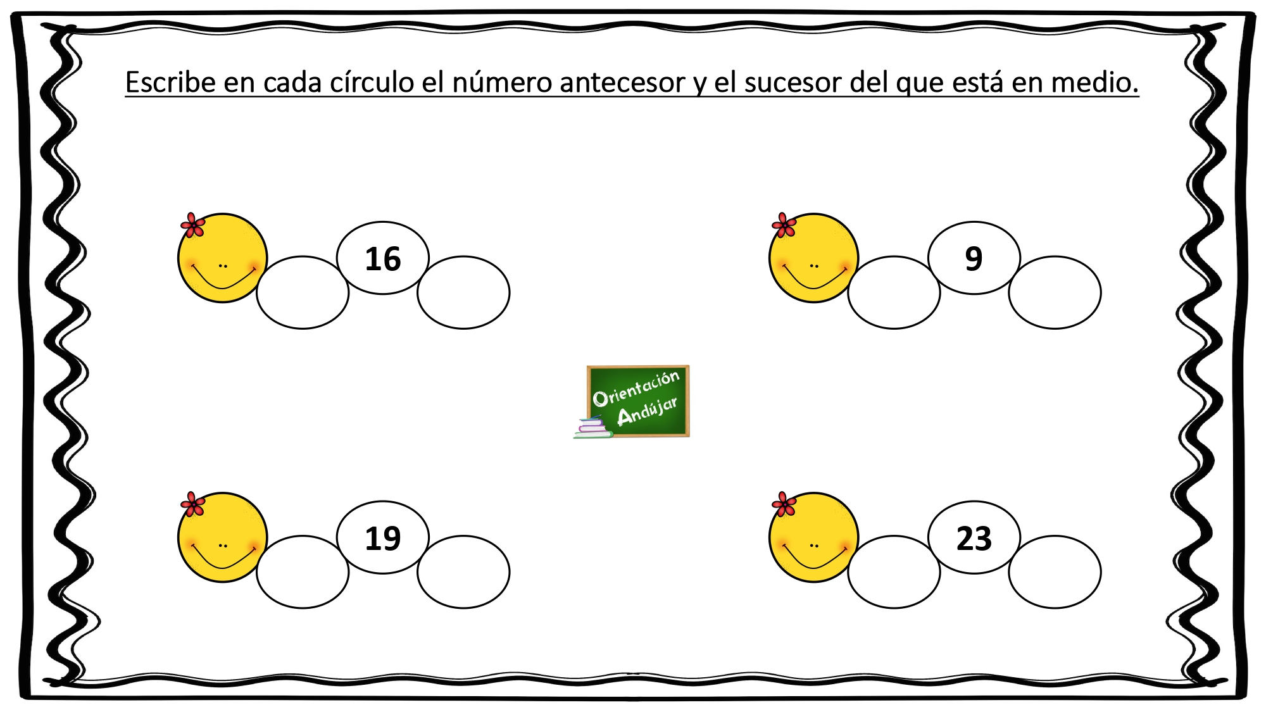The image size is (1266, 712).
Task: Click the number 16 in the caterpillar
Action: tap(383, 259)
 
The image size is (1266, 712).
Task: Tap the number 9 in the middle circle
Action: tap(974, 259)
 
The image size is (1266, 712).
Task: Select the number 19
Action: tap(383, 539)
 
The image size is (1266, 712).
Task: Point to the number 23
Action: tap(974, 539)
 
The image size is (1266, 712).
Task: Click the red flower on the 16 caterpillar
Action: tap(192, 225)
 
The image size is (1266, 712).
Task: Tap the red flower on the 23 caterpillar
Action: tap(784, 504)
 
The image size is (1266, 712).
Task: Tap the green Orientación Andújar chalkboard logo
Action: tap(637, 401)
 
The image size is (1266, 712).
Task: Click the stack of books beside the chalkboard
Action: tap(594, 427)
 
